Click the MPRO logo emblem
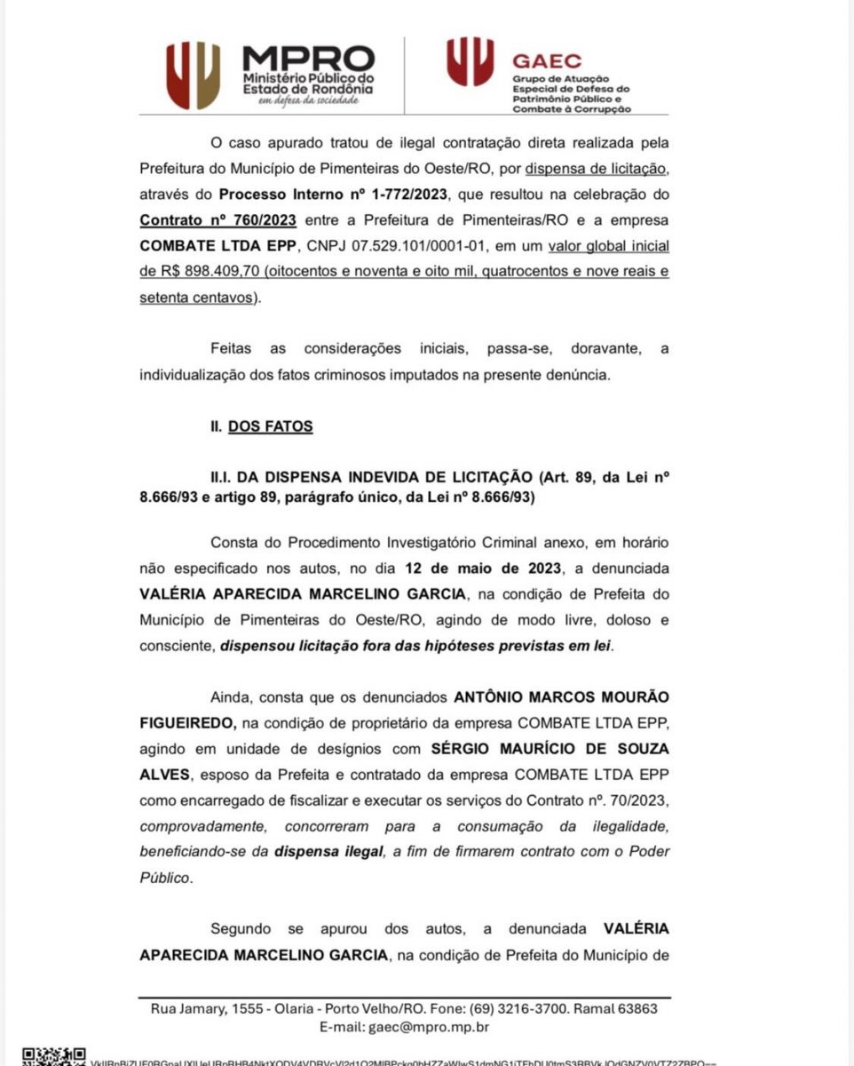[193, 76]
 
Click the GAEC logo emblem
[470, 61]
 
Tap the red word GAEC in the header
[547, 61]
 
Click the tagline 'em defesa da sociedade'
[308, 100]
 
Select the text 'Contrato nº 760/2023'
[217, 219]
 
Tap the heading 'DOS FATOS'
[270, 426]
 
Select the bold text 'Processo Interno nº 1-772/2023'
[337, 194]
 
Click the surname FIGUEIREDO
[187, 723]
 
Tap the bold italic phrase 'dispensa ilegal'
[328, 852]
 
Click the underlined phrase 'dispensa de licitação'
[596, 168]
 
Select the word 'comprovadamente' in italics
[197, 826]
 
